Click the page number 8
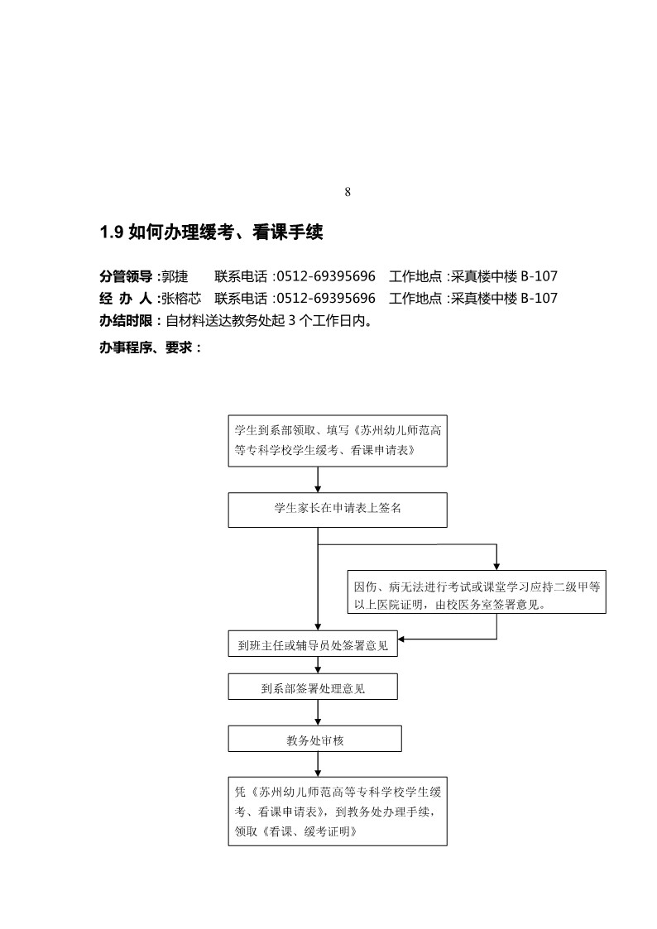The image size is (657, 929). [x=348, y=192]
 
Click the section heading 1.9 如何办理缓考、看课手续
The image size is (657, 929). [x=210, y=233]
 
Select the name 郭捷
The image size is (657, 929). [x=175, y=276]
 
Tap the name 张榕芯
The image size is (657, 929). [x=180, y=298]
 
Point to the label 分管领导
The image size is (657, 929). [x=126, y=276]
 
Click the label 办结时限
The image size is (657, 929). [x=126, y=320]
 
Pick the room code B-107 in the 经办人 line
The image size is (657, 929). [x=540, y=298]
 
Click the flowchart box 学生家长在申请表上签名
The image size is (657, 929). [x=338, y=510]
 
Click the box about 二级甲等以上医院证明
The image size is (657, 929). [x=477, y=593]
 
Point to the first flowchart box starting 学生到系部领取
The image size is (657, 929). [x=338, y=440]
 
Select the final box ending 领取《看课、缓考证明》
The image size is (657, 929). [x=338, y=811]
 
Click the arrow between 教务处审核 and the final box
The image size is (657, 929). [x=318, y=764]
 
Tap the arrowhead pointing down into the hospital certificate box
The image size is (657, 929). [x=496, y=566]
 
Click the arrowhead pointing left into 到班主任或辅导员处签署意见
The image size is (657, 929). [x=405, y=639]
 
